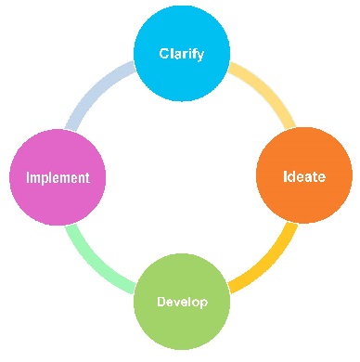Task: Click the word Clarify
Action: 181,53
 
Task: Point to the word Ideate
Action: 303,176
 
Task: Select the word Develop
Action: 181,303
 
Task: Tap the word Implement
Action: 58,177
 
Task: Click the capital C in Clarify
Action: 163,53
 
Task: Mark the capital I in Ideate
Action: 285,176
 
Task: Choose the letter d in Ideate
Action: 292,176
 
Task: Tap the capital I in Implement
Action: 29,177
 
